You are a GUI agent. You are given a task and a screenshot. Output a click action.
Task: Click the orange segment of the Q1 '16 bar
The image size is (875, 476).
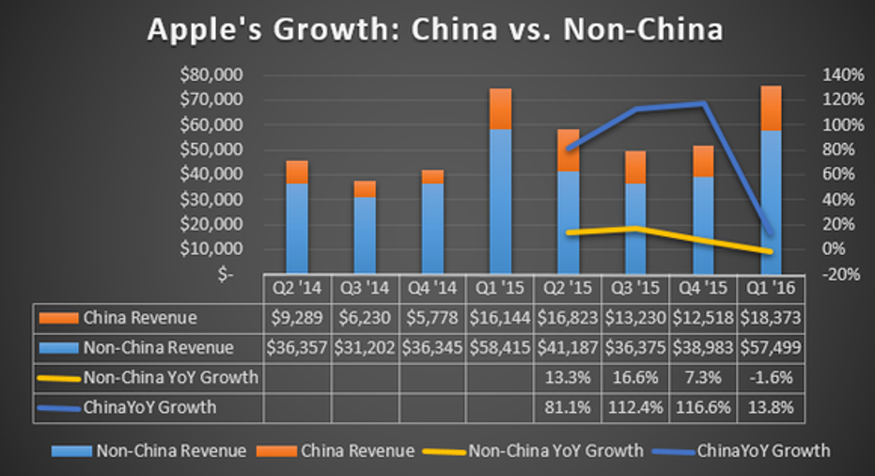point(771,108)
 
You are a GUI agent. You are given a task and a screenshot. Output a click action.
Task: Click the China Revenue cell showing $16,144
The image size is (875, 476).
point(500,319)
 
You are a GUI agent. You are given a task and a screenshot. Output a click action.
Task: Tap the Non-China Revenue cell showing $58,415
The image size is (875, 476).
point(500,348)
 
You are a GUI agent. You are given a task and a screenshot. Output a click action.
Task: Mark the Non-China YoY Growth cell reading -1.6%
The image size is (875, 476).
point(771,377)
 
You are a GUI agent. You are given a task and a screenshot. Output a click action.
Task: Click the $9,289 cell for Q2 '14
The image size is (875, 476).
point(297,319)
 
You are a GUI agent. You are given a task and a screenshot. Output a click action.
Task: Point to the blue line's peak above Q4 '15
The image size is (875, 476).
point(703,103)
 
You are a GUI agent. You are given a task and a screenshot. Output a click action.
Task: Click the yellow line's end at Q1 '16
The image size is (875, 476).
point(771,251)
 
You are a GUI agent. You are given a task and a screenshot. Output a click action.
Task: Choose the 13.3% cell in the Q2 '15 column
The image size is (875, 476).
point(568,377)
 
